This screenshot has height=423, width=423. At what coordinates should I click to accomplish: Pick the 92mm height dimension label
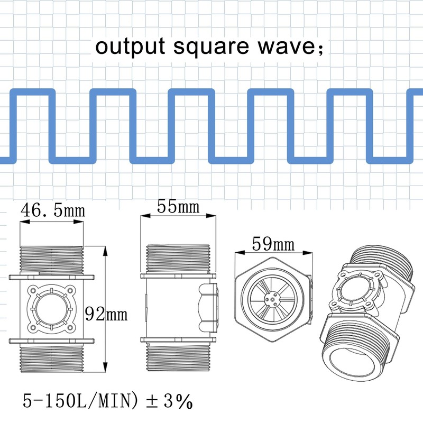(106, 315)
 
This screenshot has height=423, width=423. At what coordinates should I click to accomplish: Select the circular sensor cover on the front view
(51, 306)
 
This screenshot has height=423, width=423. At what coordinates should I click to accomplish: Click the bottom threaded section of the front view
(51, 355)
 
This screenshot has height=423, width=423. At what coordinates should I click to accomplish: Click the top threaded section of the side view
(178, 259)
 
